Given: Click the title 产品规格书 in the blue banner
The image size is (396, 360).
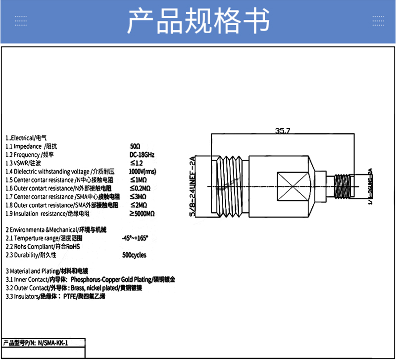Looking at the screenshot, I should (x=198, y=21).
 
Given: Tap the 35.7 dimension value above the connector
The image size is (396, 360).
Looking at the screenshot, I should (x=283, y=131).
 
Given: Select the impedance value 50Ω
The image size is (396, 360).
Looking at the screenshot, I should (x=135, y=146).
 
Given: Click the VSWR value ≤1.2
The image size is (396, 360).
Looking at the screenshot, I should (x=136, y=163).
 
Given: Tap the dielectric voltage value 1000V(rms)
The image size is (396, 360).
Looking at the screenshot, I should (x=142, y=171).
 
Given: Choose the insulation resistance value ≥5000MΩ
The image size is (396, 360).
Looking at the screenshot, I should (x=143, y=214).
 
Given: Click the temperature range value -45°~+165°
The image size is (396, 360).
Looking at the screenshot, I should (x=135, y=238).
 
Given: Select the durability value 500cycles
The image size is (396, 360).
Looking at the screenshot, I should (x=134, y=255).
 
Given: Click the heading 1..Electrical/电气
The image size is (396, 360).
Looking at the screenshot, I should (x=26, y=138).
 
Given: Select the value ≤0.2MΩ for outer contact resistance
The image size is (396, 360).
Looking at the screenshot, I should (x=142, y=188).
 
